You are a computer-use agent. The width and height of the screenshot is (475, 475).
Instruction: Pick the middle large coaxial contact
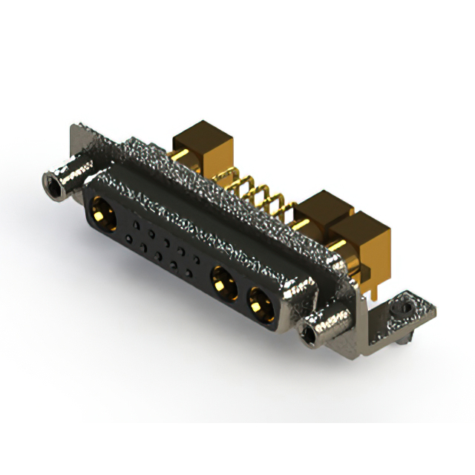coord(221,282)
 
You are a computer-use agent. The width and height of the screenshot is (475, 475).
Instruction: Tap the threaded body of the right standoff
coord(330,320)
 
